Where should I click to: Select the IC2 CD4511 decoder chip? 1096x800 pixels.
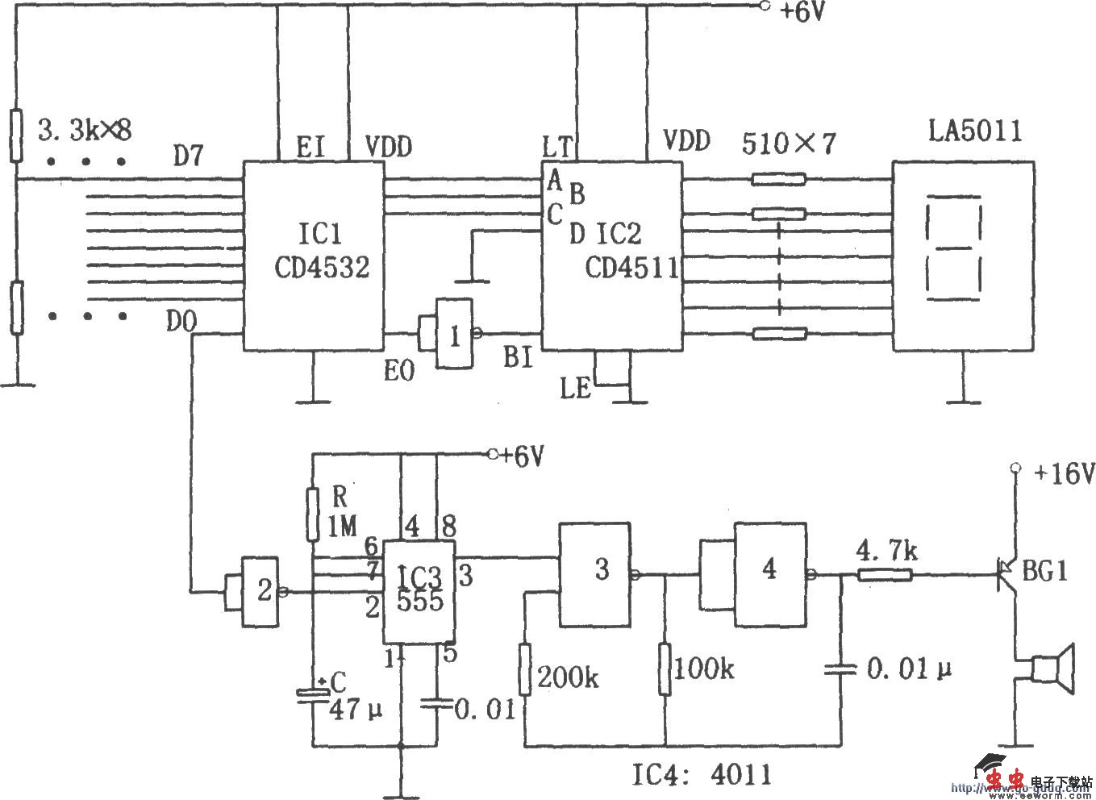coord(611,254)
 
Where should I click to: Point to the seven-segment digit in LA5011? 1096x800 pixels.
coord(956,252)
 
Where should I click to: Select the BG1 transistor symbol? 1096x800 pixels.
coord(1008,573)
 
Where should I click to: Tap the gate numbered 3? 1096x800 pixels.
coord(597,573)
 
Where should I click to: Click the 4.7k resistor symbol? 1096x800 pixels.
coord(885,575)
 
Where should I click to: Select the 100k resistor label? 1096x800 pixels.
coord(704,669)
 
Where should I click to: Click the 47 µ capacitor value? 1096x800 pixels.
coord(355,710)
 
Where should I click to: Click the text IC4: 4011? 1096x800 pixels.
coord(699,774)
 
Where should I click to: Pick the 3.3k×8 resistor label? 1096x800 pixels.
coord(84,128)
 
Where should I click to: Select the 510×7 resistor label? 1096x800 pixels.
coord(789,144)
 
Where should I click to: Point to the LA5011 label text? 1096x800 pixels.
coord(974,131)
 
